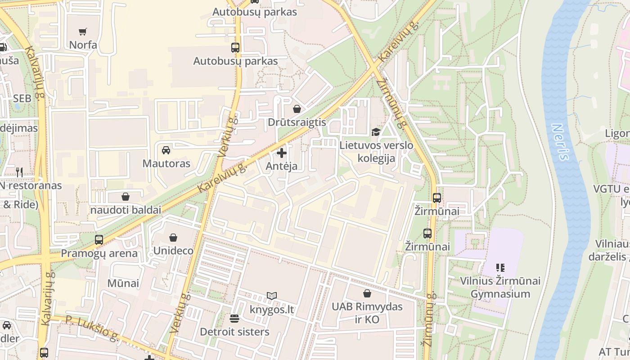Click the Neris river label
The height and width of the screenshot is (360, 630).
[x=560, y=142]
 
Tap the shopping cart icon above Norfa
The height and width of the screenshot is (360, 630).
[x=82, y=32]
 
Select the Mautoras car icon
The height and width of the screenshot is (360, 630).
[x=166, y=150]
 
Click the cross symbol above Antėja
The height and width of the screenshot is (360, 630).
[x=282, y=153]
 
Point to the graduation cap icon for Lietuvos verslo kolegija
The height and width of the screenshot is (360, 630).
[x=376, y=132]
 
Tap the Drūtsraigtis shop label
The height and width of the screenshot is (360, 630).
[x=297, y=122]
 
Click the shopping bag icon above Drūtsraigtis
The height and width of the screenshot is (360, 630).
[x=297, y=109]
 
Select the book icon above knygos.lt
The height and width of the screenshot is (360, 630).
[x=271, y=296]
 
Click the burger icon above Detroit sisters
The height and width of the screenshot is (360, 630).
[x=234, y=319]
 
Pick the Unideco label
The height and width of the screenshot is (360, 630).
[x=173, y=251]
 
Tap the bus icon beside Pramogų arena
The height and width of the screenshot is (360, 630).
[x=99, y=239]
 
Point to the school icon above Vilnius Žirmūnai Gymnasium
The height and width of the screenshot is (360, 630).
[x=500, y=268]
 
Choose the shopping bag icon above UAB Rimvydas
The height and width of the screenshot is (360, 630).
[x=367, y=293]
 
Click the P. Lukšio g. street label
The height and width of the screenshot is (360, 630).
[x=92, y=327]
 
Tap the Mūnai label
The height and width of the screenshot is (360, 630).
[x=123, y=283]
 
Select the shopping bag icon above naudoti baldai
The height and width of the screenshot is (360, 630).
[x=126, y=197]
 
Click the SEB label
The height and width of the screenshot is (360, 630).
[x=22, y=99]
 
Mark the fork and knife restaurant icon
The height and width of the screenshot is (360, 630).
[x=19, y=172]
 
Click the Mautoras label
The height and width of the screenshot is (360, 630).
[x=166, y=163]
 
